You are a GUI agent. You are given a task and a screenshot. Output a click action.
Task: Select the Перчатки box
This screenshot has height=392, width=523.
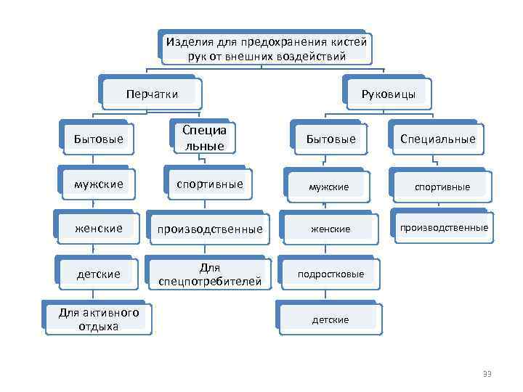coord(152,94)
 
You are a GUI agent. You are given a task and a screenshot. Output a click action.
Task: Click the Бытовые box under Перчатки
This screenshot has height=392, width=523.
coord(94,138)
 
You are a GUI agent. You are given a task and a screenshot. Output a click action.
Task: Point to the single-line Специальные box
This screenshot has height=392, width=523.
coord(437,139)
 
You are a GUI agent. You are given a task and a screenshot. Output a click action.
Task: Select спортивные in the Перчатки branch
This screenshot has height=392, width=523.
coord(209,184)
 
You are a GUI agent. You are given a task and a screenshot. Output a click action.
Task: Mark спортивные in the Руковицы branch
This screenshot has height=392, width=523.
coord(442,187)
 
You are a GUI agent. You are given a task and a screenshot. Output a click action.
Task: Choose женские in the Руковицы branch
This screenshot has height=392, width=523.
coord(331,229)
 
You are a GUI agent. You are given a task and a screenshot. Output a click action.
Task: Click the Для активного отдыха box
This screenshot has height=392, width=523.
coord(99,319)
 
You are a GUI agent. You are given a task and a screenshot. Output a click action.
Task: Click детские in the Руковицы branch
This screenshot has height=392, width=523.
coord(331,319)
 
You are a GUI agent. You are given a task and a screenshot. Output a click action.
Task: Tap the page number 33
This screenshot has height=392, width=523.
coord(487,374)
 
